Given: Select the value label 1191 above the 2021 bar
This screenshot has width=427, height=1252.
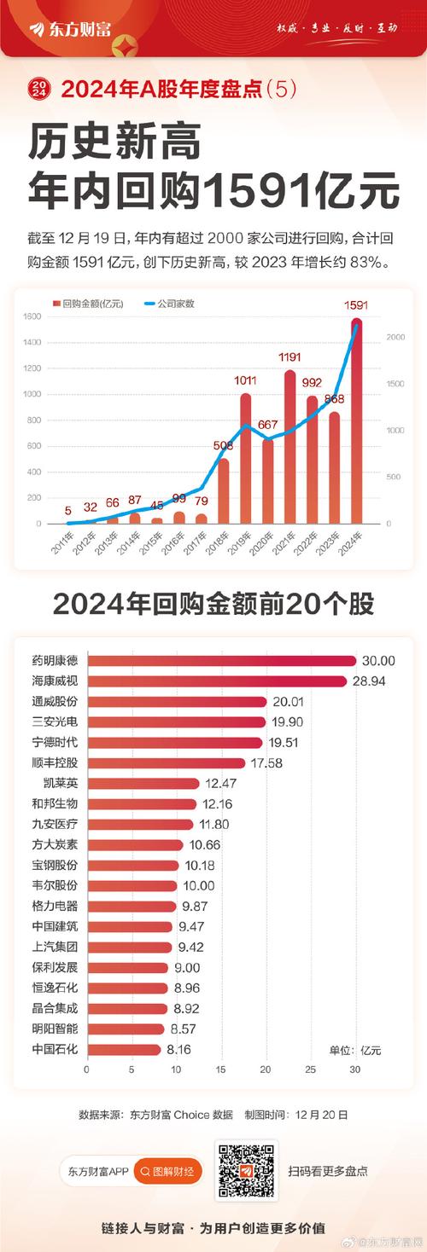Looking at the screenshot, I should (x=290, y=359).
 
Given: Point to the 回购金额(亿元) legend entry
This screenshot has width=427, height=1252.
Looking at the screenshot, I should (x=90, y=303).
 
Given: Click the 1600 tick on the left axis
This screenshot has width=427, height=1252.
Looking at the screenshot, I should (x=32, y=317).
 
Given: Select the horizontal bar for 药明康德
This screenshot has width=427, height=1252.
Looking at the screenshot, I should (x=221, y=661).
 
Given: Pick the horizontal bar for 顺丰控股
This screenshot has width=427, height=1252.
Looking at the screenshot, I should (x=166, y=763).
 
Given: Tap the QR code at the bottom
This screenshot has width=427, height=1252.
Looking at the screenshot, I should (x=246, y=1171).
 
